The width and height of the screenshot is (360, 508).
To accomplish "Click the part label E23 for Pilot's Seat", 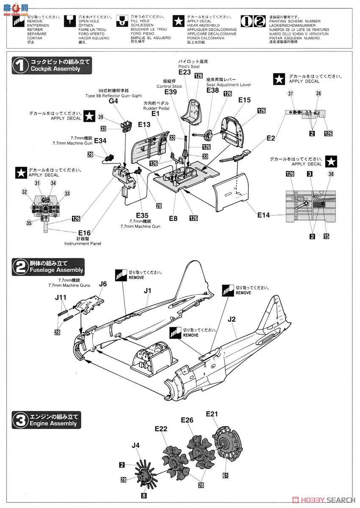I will pos(185,72).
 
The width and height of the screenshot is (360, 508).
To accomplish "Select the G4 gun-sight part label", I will pos(114,101).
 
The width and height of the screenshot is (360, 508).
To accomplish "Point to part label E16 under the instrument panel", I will pos(84,233).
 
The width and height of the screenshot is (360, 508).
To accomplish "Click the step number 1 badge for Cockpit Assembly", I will pos(19,65).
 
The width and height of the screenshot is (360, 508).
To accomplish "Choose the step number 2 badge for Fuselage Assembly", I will pos(19,266).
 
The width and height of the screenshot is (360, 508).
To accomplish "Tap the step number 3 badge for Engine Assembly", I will pos(19,420).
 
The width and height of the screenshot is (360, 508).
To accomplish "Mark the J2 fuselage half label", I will pos(232,319).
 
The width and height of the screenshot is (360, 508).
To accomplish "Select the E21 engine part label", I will pos(211,413).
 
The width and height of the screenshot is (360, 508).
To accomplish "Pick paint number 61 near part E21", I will pos(225,475).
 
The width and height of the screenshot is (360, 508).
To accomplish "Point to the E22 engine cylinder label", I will pos(161,429).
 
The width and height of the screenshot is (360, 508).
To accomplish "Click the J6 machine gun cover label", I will pos(103,284).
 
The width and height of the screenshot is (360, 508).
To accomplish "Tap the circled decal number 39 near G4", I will pos(100,117).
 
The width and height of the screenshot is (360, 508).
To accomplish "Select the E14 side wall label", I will pos(263,215).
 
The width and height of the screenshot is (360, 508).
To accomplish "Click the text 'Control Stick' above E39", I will pos(169,86).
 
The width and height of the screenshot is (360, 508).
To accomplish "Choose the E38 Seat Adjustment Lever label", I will pos(213,90).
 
